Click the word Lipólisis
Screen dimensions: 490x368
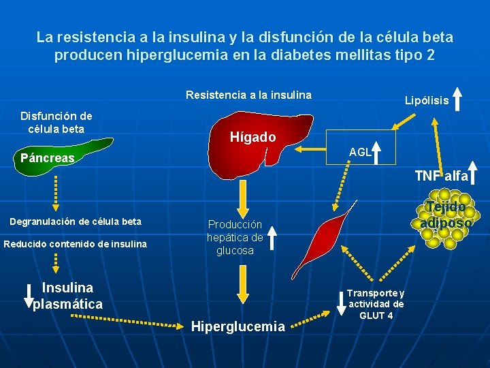pyautogui.click(x=427, y=100)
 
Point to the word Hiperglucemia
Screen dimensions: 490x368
pyautogui.click(x=238, y=326)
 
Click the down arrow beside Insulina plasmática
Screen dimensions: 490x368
pyautogui.click(x=29, y=294)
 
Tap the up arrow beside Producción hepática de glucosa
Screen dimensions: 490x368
pyautogui.click(x=272, y=238)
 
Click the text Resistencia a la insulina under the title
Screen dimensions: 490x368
pyautogui.click(x=248, y=95)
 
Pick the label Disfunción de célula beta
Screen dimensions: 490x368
pyautogui.click(x=56, y=123)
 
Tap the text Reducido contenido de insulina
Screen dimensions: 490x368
pyautogui.click(x=75, y=243)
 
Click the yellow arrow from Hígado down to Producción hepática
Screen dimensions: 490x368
pyautogui.click(x=242, y=201)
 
